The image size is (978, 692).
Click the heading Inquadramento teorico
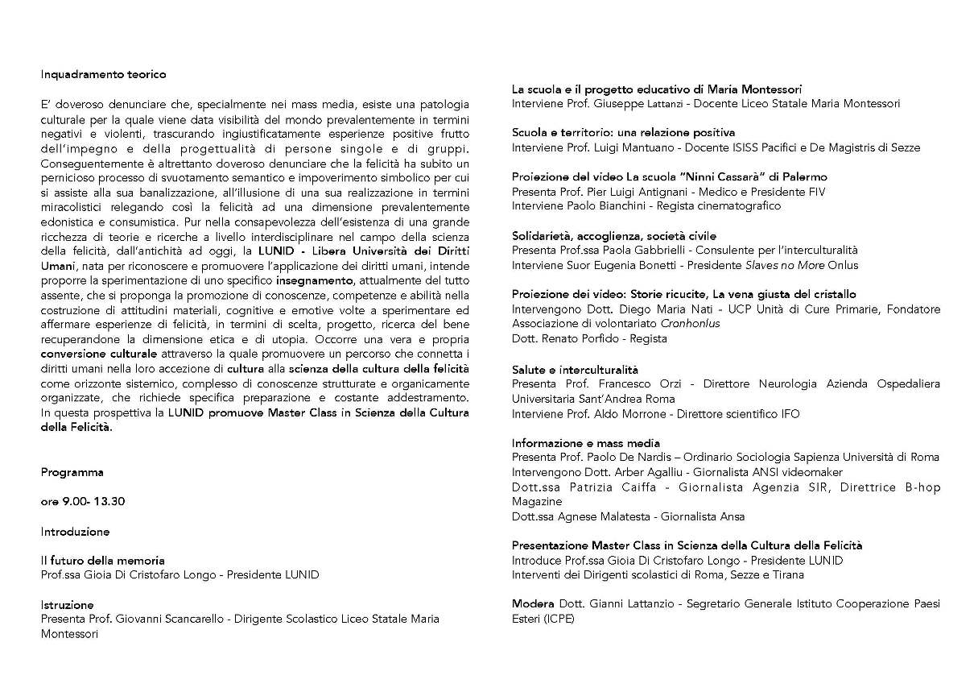click(103, 74)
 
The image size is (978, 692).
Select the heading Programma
click(72, 472)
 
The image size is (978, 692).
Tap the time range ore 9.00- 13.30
click(83, 502)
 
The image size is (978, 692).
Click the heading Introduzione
click(75, 532)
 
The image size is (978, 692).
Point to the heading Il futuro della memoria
click(102, 561)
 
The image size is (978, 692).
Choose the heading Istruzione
click(68, 604)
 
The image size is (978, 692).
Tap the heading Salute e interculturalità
click(575, 369)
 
